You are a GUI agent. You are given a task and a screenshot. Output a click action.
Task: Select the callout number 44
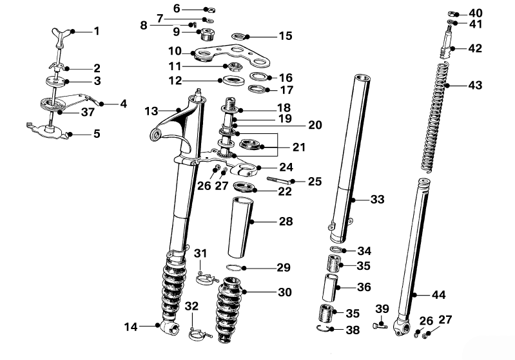[439, 295]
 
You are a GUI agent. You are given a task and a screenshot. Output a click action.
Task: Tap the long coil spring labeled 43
[437, 117]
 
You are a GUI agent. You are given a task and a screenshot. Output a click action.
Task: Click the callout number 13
[151, 111]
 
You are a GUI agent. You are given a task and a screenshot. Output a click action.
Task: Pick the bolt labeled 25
[280, 180]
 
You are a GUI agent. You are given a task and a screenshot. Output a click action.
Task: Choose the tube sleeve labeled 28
[241, 227]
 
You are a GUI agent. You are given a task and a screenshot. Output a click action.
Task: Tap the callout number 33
[377, 199]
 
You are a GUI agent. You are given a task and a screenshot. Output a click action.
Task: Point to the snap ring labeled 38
[324, 328]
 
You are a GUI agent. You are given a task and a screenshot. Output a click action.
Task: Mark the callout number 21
[298, 147]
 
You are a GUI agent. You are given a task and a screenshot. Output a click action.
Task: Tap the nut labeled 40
[454, 14]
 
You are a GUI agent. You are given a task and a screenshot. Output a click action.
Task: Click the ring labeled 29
[235, 267]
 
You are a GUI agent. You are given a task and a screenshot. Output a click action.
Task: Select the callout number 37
[88, 112]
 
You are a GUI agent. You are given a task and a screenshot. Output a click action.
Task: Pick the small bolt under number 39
[380, 325]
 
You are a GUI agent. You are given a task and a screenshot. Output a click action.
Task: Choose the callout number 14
[131, 327]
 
